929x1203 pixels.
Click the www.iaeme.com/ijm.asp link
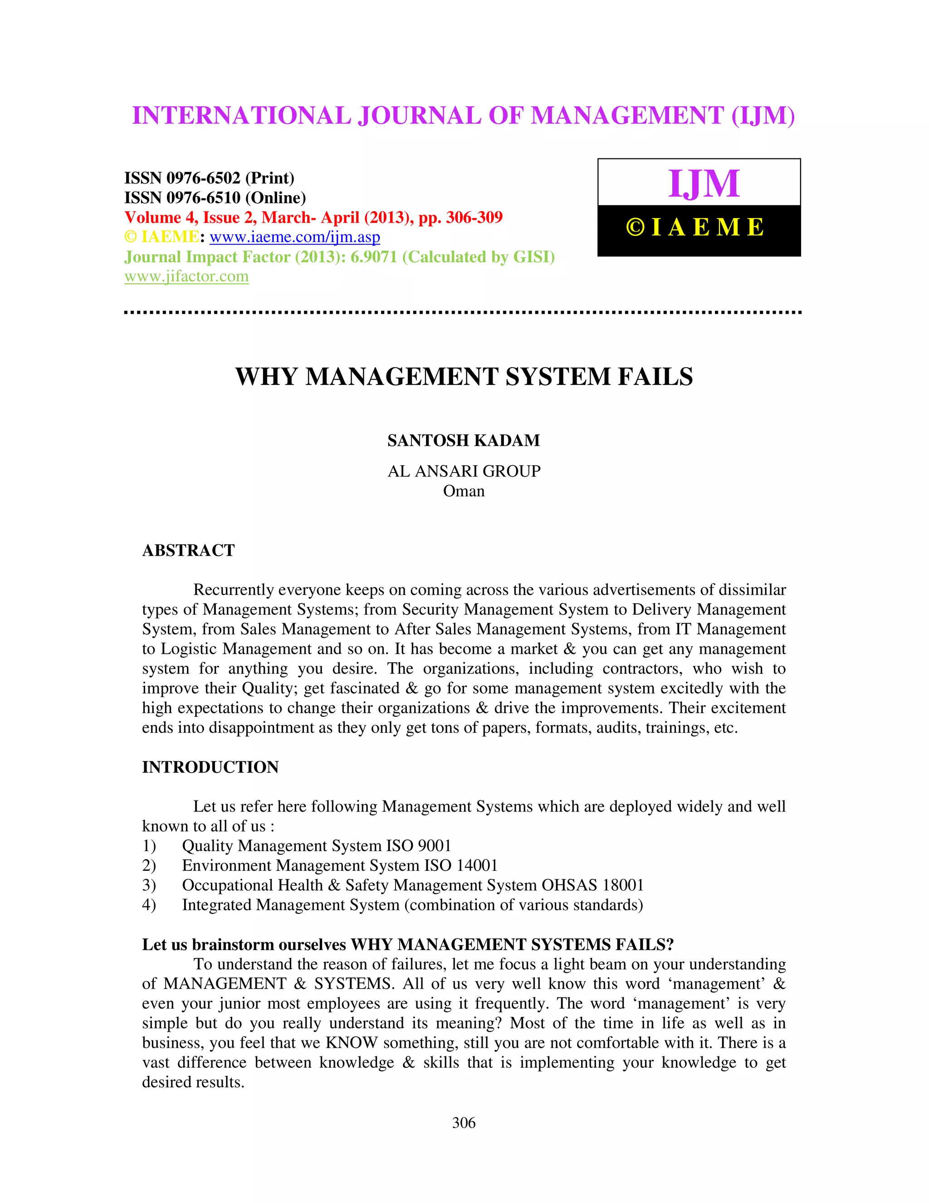point(294,237)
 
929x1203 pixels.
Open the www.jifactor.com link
point(186,276)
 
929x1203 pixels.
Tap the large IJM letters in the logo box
point(704,183)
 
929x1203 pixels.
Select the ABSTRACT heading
point(188,550)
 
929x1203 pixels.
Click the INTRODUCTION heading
point(210,767)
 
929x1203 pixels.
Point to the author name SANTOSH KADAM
point(464,441)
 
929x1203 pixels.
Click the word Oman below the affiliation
point(464,491)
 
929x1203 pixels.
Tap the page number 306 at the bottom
point(464,1123)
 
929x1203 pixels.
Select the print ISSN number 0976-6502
point(203,178)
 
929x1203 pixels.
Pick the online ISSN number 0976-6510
point(203,198)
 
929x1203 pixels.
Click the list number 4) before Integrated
point(149,905)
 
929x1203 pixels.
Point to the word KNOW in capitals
point(351,1043)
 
